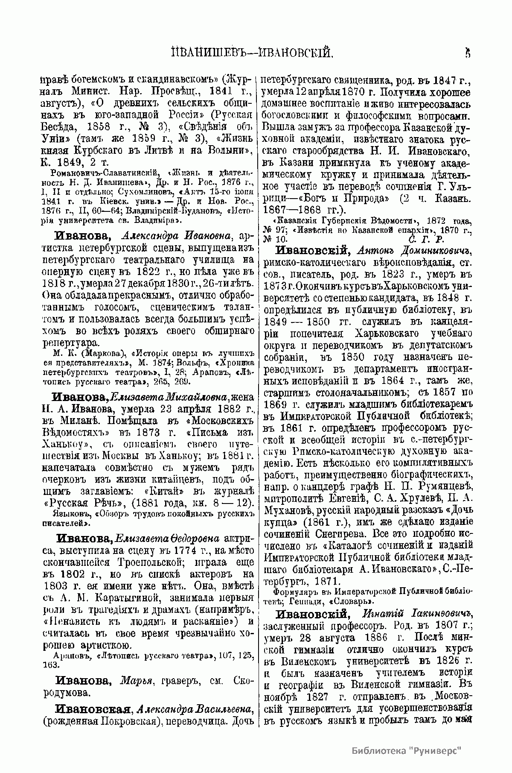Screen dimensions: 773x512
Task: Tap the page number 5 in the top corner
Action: click(468, 53)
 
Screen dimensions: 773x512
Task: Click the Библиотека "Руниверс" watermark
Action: click(407, 751)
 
